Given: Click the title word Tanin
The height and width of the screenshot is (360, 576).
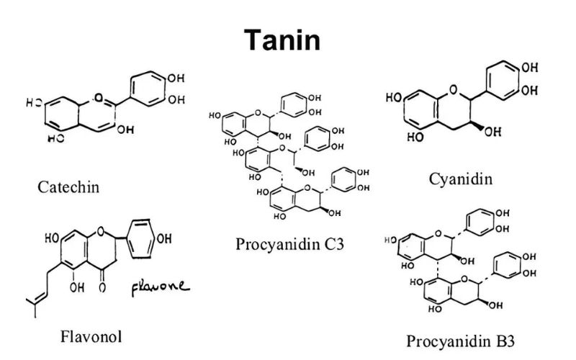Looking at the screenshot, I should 281,40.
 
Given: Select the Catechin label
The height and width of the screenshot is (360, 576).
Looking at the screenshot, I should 68,188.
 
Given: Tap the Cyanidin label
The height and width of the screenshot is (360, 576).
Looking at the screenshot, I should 461,179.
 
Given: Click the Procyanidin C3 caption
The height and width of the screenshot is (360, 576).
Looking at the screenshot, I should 290,243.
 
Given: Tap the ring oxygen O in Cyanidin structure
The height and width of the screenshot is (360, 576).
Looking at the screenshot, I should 452,90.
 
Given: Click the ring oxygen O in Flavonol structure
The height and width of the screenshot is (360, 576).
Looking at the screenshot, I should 101,232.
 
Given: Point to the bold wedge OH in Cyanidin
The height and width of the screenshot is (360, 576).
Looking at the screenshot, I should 492,131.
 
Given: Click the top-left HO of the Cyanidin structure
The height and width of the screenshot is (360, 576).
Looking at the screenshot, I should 395,96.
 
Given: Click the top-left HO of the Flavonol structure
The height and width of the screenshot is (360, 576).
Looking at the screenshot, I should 52,237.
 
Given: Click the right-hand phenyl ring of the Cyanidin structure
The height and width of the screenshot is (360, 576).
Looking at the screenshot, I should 501,85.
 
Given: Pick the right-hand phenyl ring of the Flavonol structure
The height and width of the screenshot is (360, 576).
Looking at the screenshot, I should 139,243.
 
